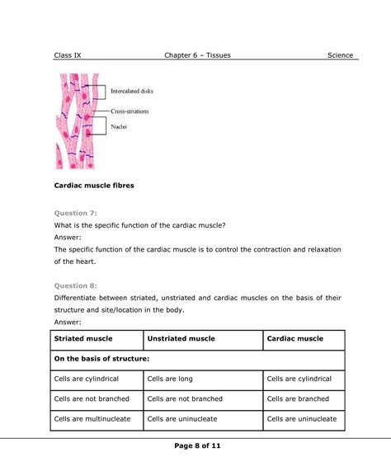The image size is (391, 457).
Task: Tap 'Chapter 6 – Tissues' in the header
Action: tap(198, 55)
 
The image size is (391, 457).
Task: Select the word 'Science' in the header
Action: tap(340, 55)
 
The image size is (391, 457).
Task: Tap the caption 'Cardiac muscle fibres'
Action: tap(93, 186)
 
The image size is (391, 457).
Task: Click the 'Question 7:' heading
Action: tap(76, 213)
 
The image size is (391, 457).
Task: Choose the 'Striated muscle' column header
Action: tap(83, 339)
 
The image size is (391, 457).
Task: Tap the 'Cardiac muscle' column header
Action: tap(294, 339)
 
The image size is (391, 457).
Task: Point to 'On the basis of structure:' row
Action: tap(101, 359)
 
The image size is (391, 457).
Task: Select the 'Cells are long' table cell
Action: tap(170, 379)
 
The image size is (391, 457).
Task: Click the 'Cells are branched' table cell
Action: tap(298, 398)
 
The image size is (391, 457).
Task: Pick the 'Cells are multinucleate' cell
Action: tap(95, 419)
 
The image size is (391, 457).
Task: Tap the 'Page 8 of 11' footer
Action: tap(195, 446)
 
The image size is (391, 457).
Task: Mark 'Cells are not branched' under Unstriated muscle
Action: tap(185, 398)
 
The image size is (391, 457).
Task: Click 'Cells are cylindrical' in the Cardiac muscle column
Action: tap(299, 379)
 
